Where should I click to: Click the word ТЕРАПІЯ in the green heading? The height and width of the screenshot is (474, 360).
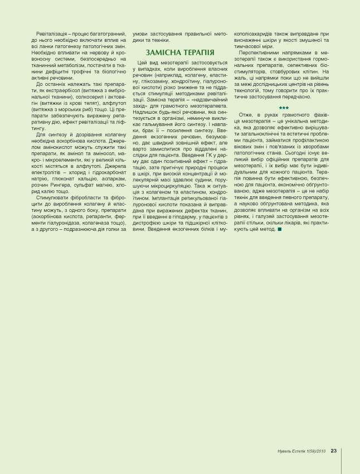click(x=195, y=52)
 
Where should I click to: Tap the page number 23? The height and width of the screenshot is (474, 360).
click(x=333, y=451)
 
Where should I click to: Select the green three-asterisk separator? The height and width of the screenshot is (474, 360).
click(x=284, y=108)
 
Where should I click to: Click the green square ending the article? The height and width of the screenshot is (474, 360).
click(x=279, y=229)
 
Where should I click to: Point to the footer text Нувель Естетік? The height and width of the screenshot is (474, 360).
click(x=292, y=451)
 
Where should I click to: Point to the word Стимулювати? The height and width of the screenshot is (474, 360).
click(x=55, y=197)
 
